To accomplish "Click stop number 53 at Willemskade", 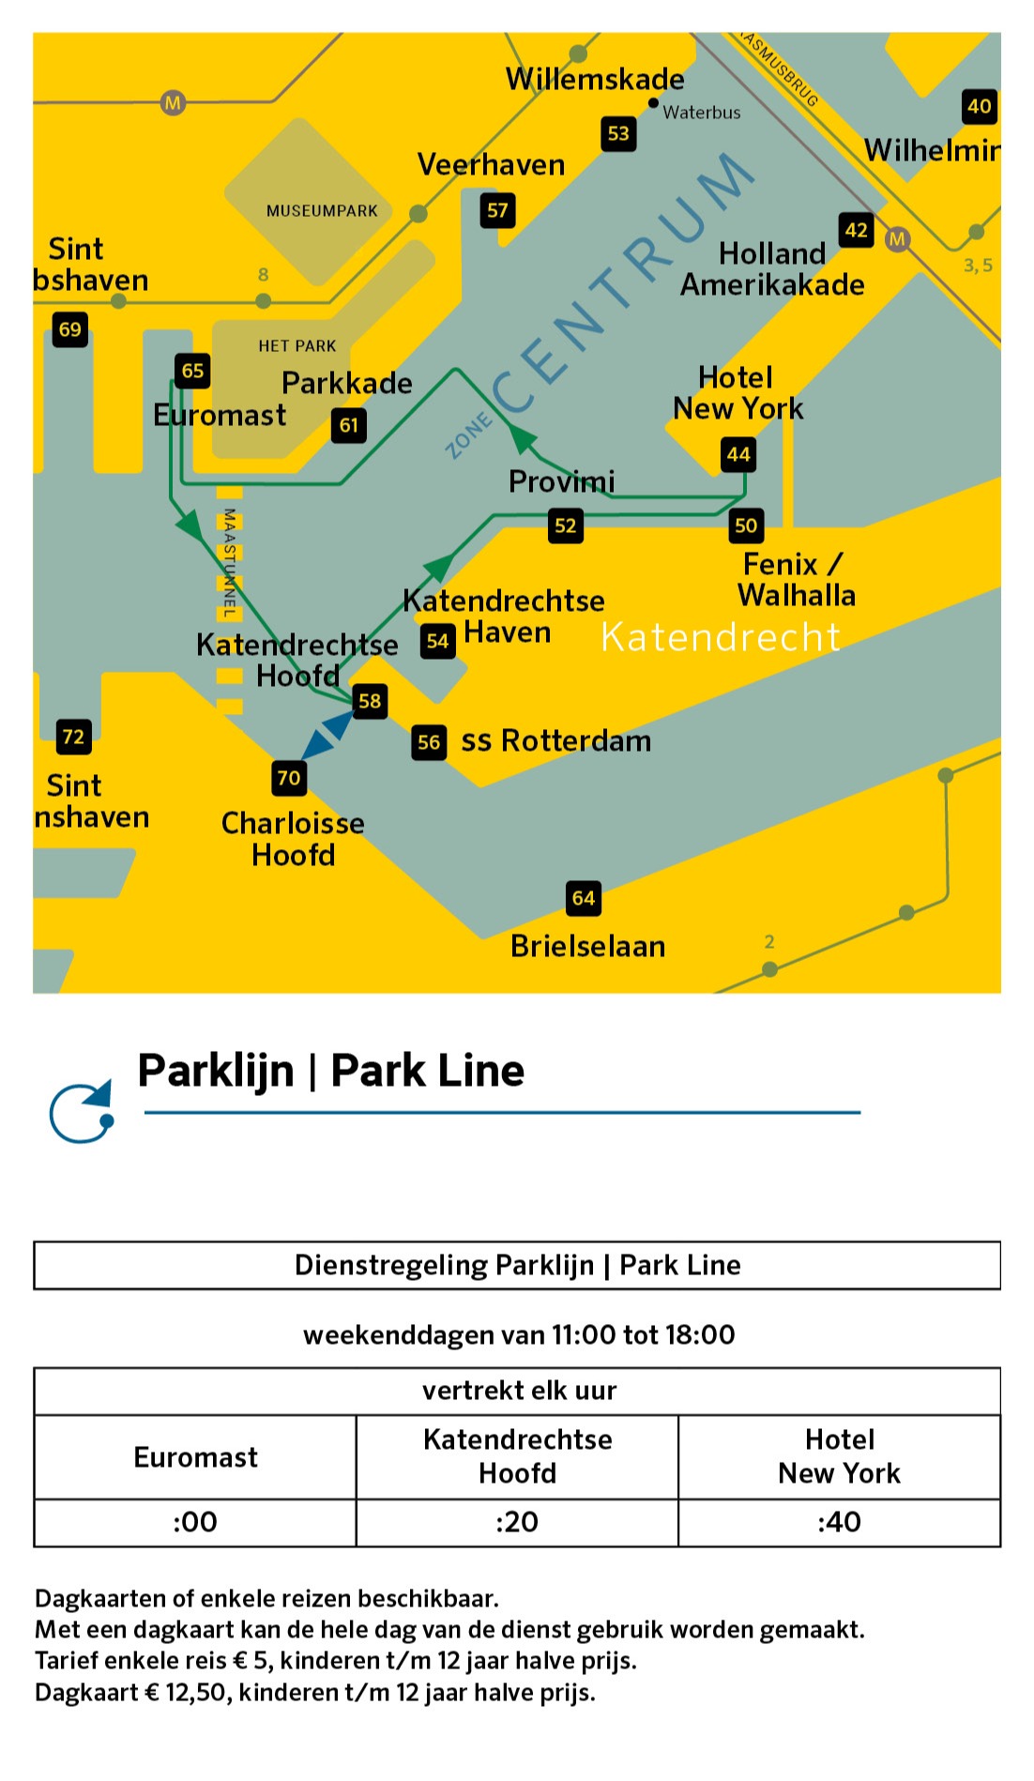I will pyautogui.click(x=618, y=134).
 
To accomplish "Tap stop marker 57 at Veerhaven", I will pyautogui.click(x=497, y=211).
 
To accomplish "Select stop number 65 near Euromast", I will pyautogui.click(x=192, y=371).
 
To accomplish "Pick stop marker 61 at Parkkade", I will pyautogui.click(x=349, y=426).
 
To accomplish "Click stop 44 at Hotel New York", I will pyautogui.click(x=738, y=455).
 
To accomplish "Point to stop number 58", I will pyautogui.click(x=370, y=701).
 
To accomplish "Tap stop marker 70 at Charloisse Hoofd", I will pyautogui.click(x=289, y=778).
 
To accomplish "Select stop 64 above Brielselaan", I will pyautogui.click(x=584, y=899).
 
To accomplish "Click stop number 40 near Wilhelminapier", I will pyautogui.click(x=980, y=107).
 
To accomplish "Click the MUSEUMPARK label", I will pyautogui.click(x=322, y=211).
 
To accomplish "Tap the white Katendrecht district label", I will pyautogui.click(x=720, y=637).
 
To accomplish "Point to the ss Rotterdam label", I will pyautogui.click(x=555, y=741).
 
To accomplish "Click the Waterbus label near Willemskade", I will pyautogui.click(x=702, y=113).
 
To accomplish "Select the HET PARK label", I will pyautogui.click(x=297, y=346).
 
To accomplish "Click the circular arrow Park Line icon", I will pyautogui.click(x=83, y=1112).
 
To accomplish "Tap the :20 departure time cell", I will pyautogui.click(x=517, y=1522).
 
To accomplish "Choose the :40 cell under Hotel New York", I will pyautogui.click(x=839, y=1522).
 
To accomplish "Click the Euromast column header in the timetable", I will pyautogui.click(x=195, y=1457).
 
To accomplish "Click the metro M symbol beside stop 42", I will pyautogui.click(x=897, y=239).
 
